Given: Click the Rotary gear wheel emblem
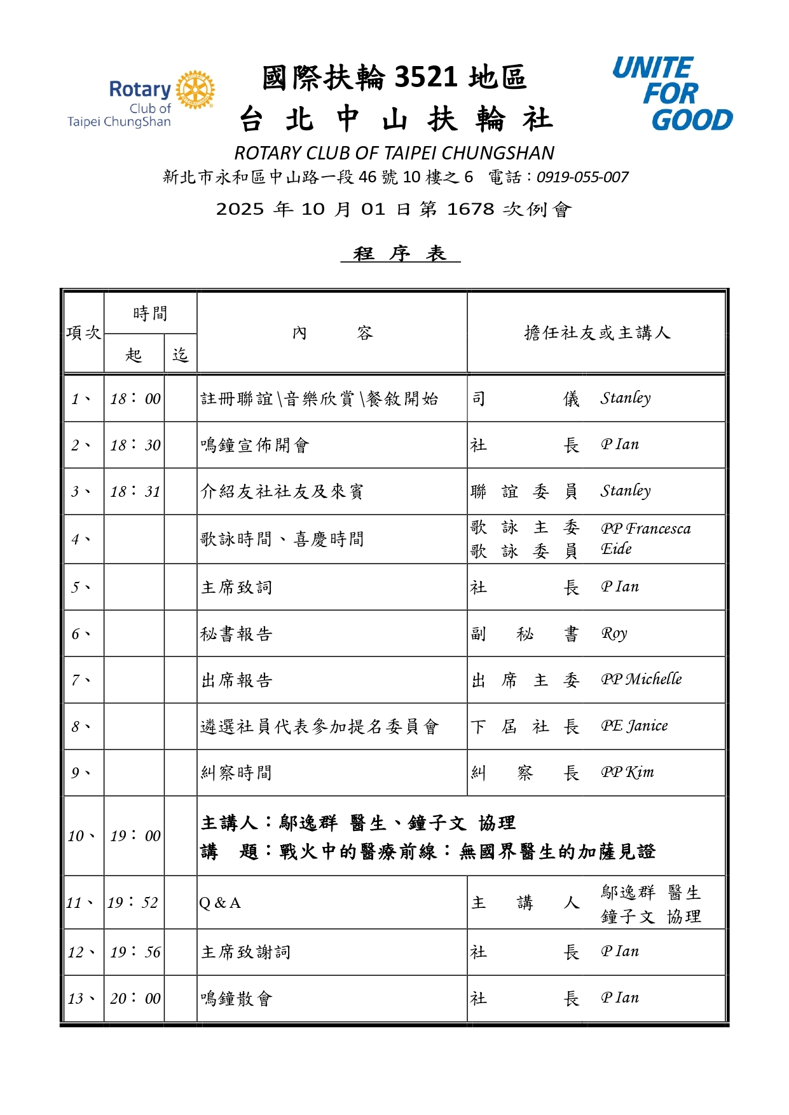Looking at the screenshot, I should [x=195, y=90].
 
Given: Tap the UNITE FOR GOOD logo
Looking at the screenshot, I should [x=671, y=94].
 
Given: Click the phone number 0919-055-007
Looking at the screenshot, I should [x=582, y=177].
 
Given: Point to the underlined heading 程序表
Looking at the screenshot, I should [x=400, y=253].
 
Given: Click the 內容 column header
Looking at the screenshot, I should [x=332, y=332].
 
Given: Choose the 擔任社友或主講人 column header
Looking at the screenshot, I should [x=596, y=332].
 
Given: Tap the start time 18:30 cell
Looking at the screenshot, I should [x=135, y=445].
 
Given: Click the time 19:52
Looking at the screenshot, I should [x=133, y=902].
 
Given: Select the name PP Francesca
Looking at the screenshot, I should [x=645, y=529].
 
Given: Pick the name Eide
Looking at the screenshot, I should [x=616, y=549].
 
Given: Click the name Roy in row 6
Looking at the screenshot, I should [x=614, y=633].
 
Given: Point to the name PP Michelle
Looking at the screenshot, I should [x=641, y=679].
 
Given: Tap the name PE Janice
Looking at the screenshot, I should [x=634, y=726].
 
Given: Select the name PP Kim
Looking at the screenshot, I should [x=627, y=772].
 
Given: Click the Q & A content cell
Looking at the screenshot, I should [x=220, y=903].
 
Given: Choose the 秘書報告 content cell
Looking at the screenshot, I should [x=237, y=633].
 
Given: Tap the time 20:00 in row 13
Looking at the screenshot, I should [x=135, y=998].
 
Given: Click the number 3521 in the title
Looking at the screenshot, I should [x=426, y=77].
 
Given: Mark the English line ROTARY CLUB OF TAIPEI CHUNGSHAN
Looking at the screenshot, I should [x=394, y=153].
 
